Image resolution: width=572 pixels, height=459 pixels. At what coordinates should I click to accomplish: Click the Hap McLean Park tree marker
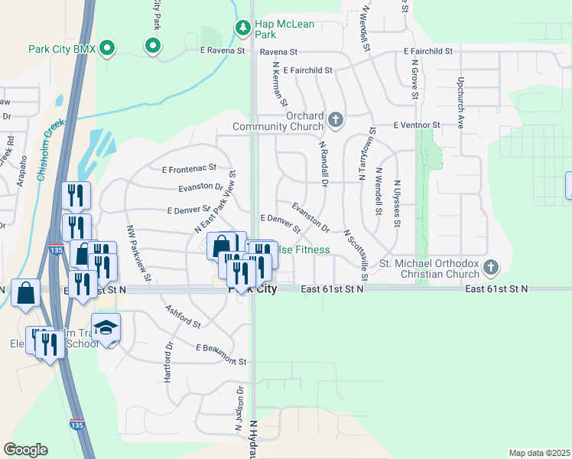click(x=243, y=28)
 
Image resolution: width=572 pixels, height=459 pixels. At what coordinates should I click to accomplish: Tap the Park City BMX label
click(x=62, y=49)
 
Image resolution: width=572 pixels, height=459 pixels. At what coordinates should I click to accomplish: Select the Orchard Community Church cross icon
click(x=335, y=119)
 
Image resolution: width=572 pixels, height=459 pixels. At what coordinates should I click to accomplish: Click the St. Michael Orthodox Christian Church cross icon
click(x=491, y=268)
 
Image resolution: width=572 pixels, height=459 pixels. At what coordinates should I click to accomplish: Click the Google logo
click(x=25, y=449)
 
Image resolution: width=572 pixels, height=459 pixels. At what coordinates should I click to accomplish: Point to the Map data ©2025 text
click(x=538, y=453)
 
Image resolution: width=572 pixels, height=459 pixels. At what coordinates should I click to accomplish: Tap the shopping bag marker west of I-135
click(x=26, y=293)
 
